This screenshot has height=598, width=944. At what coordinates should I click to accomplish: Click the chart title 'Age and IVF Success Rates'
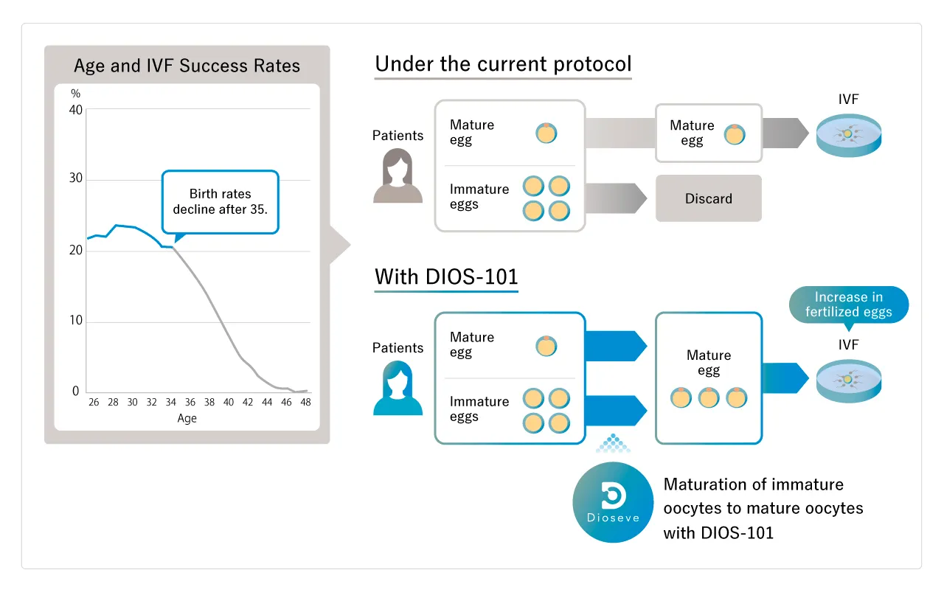[187, 66]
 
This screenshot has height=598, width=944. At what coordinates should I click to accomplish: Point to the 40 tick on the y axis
[75, 110]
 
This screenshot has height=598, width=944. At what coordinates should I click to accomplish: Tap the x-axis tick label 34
[171, 403]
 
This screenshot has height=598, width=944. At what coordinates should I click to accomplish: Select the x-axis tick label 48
[305, 403]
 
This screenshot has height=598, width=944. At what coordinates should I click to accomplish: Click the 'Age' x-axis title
[187, 418]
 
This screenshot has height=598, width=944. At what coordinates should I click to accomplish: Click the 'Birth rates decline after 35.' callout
[221, 201]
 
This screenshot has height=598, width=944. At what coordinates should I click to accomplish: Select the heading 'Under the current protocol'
[503, 64]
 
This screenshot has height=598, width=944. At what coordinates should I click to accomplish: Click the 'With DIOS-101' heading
[446, 277]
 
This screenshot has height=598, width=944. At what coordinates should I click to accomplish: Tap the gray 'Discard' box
[708, 198]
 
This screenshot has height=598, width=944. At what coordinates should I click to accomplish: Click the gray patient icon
[398, 176]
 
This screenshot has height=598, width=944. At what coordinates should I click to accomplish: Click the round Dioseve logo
[613, 502]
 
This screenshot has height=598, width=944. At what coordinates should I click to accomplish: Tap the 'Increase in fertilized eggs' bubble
[848, 305]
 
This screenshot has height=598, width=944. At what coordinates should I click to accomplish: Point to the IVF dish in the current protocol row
[849, 135]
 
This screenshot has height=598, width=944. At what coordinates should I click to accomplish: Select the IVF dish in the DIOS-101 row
[849, 380]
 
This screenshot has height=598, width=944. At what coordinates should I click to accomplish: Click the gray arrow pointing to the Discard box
[615, 198]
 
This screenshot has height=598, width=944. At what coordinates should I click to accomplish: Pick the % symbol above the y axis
[75, 94]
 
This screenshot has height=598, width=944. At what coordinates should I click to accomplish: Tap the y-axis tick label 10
[75, 321]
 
